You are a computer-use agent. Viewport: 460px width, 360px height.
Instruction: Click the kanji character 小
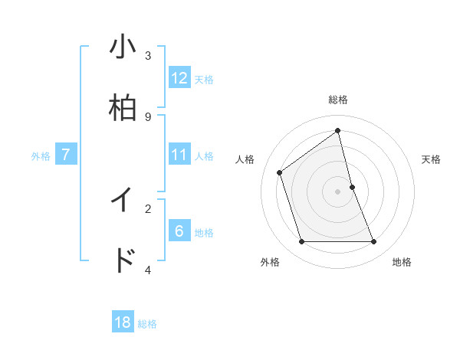point(123,47)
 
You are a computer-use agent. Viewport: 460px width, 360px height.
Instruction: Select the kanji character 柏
point(123,108)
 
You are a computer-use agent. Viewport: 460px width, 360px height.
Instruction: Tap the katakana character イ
point(123,200)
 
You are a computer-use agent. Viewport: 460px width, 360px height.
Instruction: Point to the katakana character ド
point(123,261)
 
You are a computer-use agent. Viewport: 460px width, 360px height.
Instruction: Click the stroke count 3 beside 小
point(148,55)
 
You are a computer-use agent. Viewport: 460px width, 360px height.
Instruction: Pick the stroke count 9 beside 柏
point(148,116)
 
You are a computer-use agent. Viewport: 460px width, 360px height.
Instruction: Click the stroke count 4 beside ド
point(148,270)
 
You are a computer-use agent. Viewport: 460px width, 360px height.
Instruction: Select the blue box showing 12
point(179,78)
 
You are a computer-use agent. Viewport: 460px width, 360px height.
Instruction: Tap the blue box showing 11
point(179,155)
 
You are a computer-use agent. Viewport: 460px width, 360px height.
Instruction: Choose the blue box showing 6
point(179,231)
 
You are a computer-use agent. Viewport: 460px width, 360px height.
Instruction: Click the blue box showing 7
point(66,155)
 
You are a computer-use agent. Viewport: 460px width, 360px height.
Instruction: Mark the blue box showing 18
point(123,322)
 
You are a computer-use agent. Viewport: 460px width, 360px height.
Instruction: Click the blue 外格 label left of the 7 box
point(41,156)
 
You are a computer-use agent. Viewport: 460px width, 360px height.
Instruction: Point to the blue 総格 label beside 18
point(147,324)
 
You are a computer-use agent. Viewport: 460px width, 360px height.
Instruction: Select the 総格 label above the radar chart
point(338,100)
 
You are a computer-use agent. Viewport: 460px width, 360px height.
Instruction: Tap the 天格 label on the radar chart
point(432,159)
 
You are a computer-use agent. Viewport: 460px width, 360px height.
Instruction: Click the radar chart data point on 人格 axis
point(280,172)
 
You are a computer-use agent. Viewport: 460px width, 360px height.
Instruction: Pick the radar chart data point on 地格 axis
point(374,242)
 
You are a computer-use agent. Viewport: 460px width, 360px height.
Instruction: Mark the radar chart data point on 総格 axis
point(338,131)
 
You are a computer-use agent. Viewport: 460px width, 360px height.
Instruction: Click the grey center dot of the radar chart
point(338,191)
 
